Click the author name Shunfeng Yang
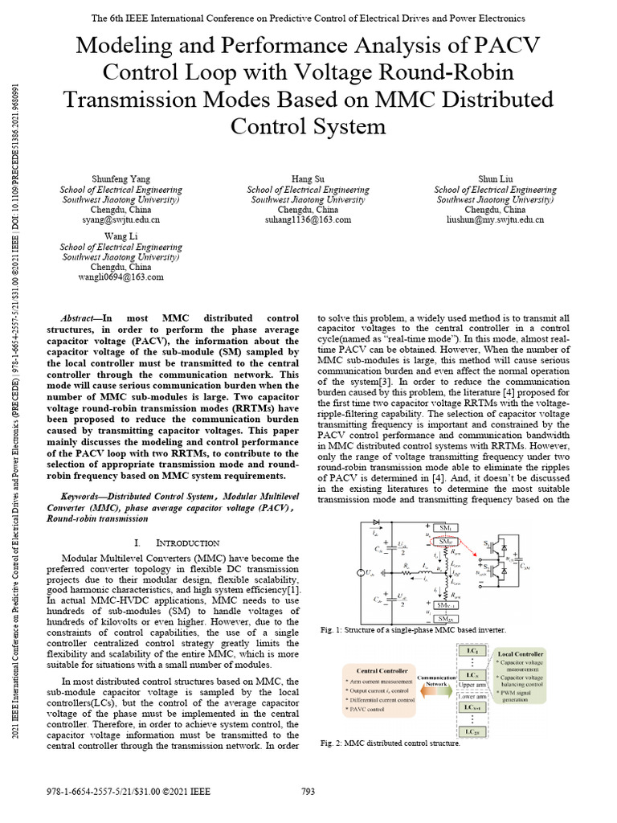coord(121,178)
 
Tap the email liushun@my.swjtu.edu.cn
coord(495,219)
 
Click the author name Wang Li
coord(121,236)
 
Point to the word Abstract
coord(81,318)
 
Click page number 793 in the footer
coord(308,792)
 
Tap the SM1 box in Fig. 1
coord(447,527)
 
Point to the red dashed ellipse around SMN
coord(447,543)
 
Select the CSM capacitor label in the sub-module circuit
coord(526,565)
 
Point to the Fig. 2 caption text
coord(390,743)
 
